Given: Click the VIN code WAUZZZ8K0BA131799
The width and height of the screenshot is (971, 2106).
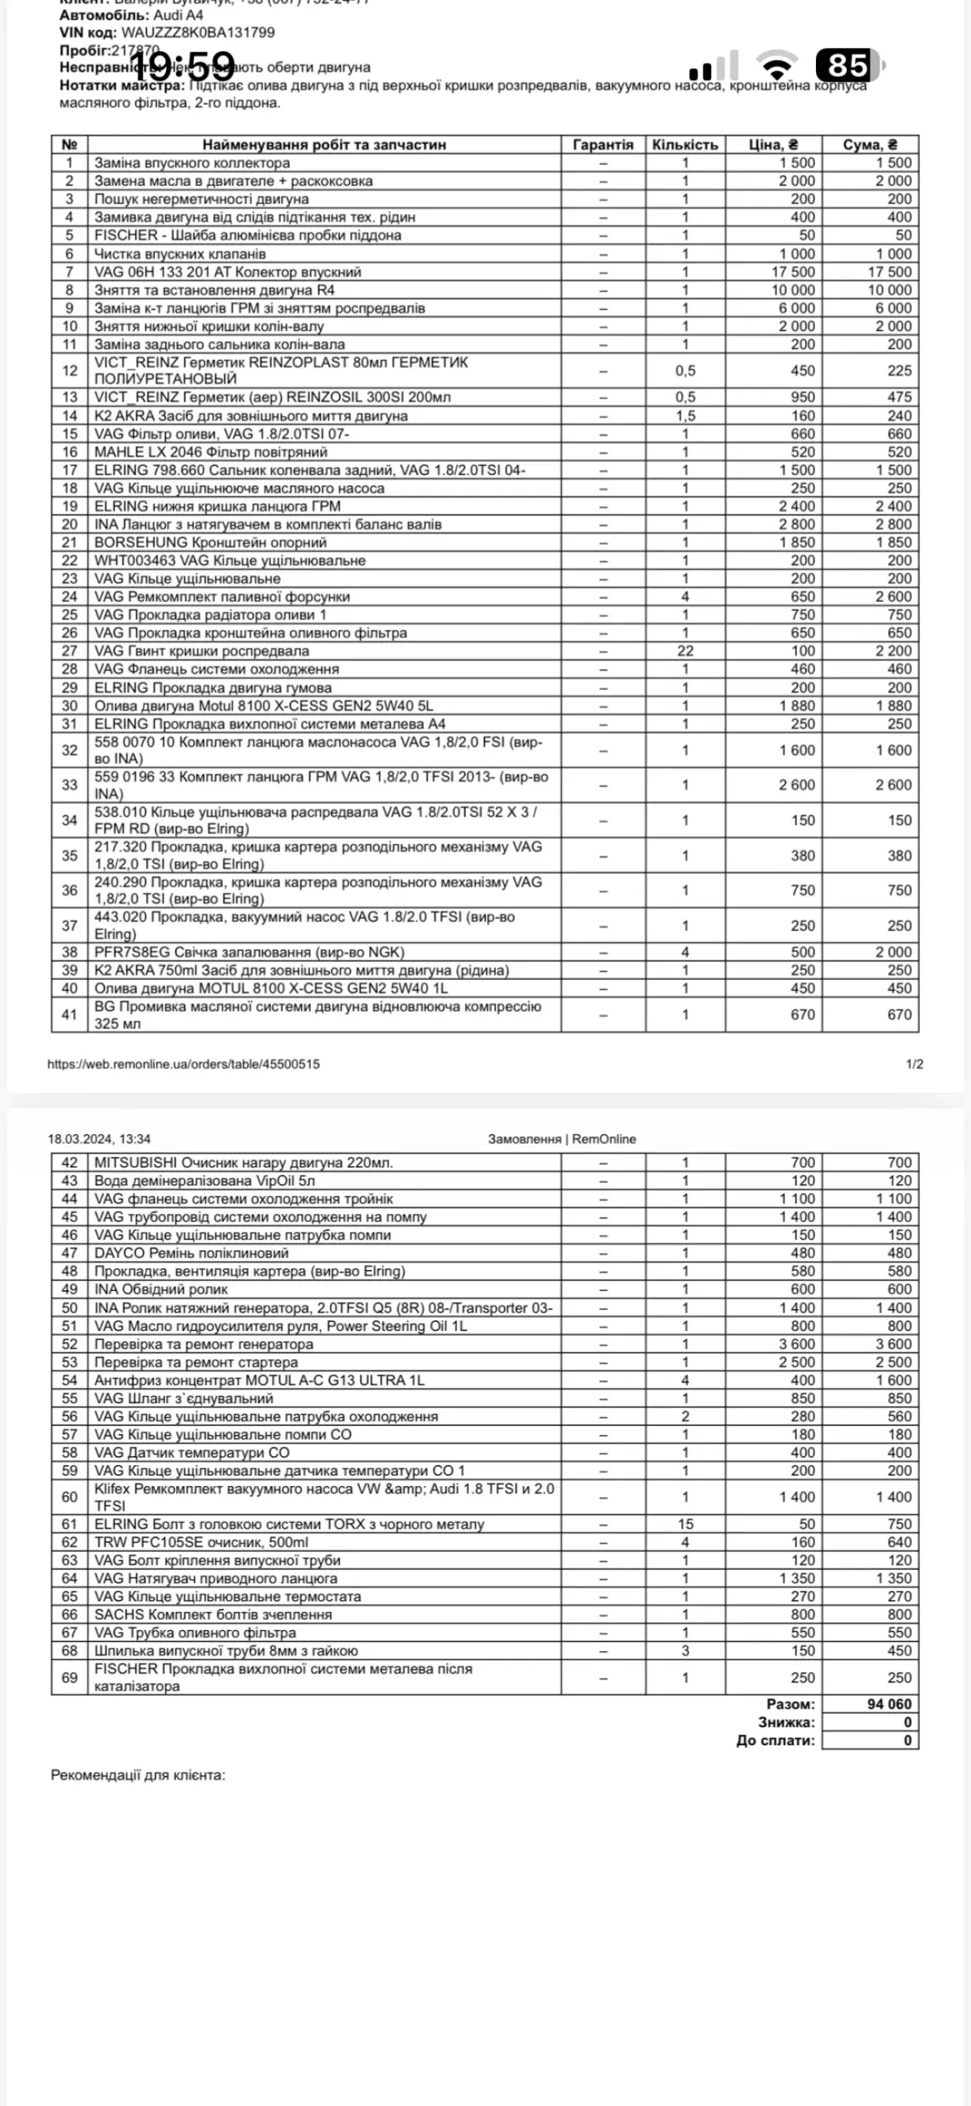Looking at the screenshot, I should (x=198, y=33).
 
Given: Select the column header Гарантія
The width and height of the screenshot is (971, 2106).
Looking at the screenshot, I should (x=603, y=145).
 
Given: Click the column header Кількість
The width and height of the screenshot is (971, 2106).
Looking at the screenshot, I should (x=685, y=145).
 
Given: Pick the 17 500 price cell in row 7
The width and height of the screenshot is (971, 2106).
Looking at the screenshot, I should (x=792, y=271).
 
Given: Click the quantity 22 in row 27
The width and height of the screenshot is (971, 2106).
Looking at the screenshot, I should (x=685, y=651).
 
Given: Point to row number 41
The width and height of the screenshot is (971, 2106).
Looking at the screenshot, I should (x=70, y=1014).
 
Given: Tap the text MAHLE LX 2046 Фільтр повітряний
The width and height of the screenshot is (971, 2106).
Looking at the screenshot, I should (x=211, y=452).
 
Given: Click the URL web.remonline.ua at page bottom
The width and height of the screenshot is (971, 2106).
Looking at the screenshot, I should (x=183, y=1064).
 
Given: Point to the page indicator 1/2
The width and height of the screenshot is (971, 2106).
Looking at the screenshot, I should (x=915, y=1064).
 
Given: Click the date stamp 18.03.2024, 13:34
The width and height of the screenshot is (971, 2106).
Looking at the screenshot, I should (x=99, y=1139).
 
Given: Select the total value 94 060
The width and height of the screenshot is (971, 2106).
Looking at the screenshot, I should (x=889, y=1705).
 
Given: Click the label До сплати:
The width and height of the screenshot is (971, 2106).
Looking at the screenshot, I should (x=775, y=1741).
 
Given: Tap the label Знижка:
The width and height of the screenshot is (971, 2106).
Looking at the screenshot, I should (x=786, y=1723).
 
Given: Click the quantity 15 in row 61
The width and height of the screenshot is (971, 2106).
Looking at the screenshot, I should (x=685, y=1524).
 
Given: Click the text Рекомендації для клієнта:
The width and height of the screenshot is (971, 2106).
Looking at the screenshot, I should (x=138, y=1775).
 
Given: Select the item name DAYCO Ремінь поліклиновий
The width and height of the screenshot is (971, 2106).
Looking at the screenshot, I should (x=191, y=1254).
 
